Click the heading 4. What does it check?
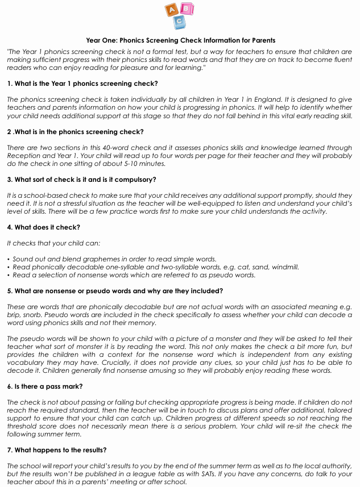coord(43,227)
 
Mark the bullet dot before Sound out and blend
coord(9,259)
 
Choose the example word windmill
coord(284,267)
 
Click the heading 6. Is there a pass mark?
coord(45,386)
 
